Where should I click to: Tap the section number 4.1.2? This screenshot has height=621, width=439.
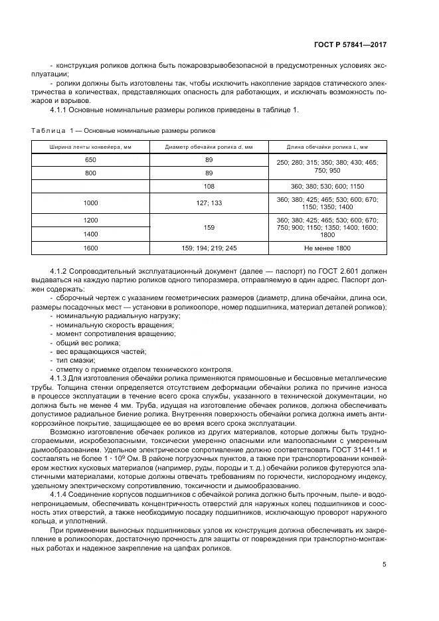(x=61, y=272)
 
